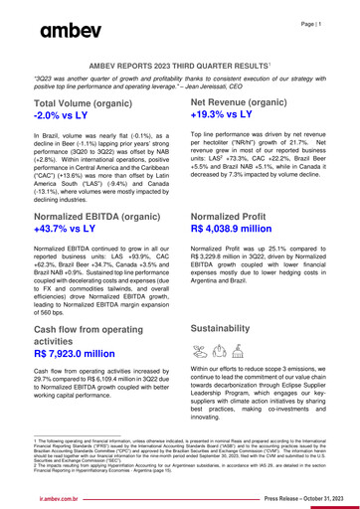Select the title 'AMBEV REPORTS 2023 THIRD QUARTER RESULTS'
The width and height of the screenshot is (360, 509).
pos(179,63)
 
